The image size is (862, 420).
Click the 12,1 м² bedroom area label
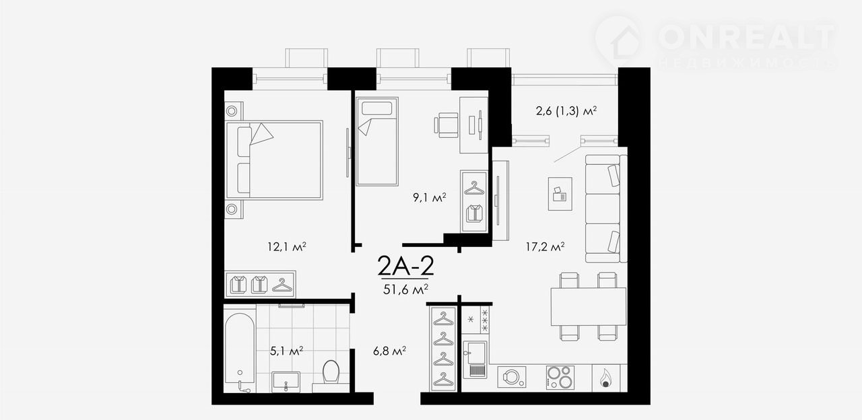pyautogui.click(x=287, y=246)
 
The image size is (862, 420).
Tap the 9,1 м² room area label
pyautogui.click(x=430, y=198)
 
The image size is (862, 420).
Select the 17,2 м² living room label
pyautogui.click(x=545, y=246)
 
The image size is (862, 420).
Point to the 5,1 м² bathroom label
pyautogui.click(x=287, y=351)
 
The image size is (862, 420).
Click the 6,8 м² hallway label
pyautogui.click(x=389, y=351)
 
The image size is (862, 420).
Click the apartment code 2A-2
pyautogui.click(x=405, y=265)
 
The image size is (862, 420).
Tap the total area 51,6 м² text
pyautogui.click(x=405, y=289)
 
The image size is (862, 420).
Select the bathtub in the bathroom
pyautogui.click(x=239, y=352)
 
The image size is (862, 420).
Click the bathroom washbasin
pyautogui.click(x=286, y=381)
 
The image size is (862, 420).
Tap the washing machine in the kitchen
pyautogui.click(x=511, y=376)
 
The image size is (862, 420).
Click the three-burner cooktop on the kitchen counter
pyautogui.click(x=560, y=377)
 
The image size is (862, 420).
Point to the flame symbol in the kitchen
pyautogui.click(x=605, y=378)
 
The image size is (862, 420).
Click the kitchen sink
pyautogui.click(x=475, y=359)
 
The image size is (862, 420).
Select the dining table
pyautogui.click(x=589, y=306)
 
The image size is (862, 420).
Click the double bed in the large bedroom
pyautogui.click(x=274, y=160)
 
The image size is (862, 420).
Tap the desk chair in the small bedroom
pyautogui.click(x=446, y=125)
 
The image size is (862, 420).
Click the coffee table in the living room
pyautogui.click(x=560, y=194)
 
